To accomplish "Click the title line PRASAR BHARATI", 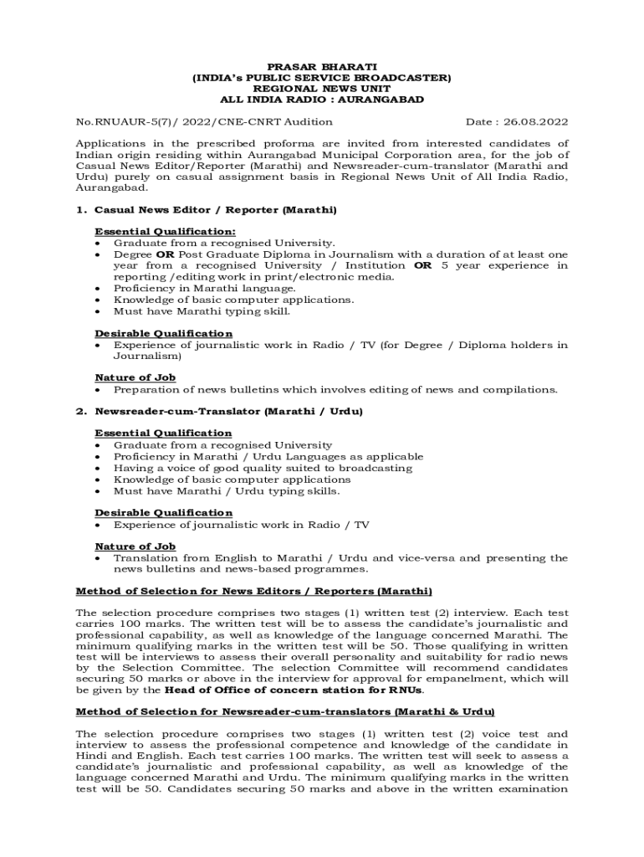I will tap(322, 66).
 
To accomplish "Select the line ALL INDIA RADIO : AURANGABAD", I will tap(322, 100).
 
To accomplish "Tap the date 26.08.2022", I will tap(538, 122).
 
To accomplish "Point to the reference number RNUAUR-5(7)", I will tap(129, 122).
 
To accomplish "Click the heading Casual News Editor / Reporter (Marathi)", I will tap(216, 209).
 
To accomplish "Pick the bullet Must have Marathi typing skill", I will tap(202, 311).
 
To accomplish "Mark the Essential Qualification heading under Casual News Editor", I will tap(165, 231).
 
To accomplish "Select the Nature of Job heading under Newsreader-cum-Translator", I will tap(135, 547).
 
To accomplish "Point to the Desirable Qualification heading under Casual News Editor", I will tap(163, 333).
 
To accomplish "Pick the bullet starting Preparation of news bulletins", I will tap(335, 389).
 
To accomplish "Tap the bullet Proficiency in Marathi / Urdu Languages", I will tap(268, 457).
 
